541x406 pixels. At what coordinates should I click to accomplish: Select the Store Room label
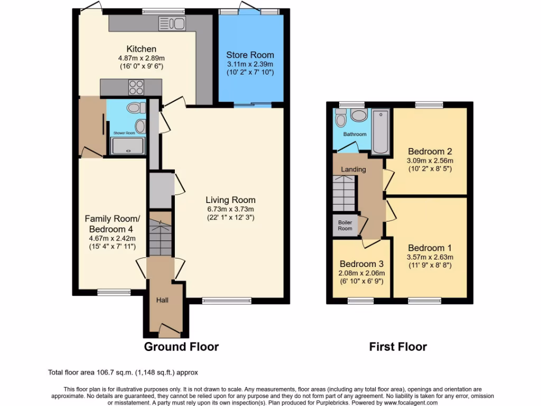point(250,54)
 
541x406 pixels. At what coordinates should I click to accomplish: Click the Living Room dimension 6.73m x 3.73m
point(230,209)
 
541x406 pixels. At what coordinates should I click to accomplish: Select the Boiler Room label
point(345,225)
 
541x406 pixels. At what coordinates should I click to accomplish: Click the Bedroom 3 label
point(361,264)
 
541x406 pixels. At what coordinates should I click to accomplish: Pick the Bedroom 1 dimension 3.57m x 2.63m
point(430,257)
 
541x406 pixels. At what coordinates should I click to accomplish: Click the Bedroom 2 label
point(430,151)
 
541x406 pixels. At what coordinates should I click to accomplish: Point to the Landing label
point(353,169)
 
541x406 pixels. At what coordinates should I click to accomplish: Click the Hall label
point(162,300)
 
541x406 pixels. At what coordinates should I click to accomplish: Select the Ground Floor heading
point(181,347)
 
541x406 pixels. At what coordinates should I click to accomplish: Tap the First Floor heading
point(398,347)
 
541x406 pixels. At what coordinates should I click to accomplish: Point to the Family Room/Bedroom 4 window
point(114,292)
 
